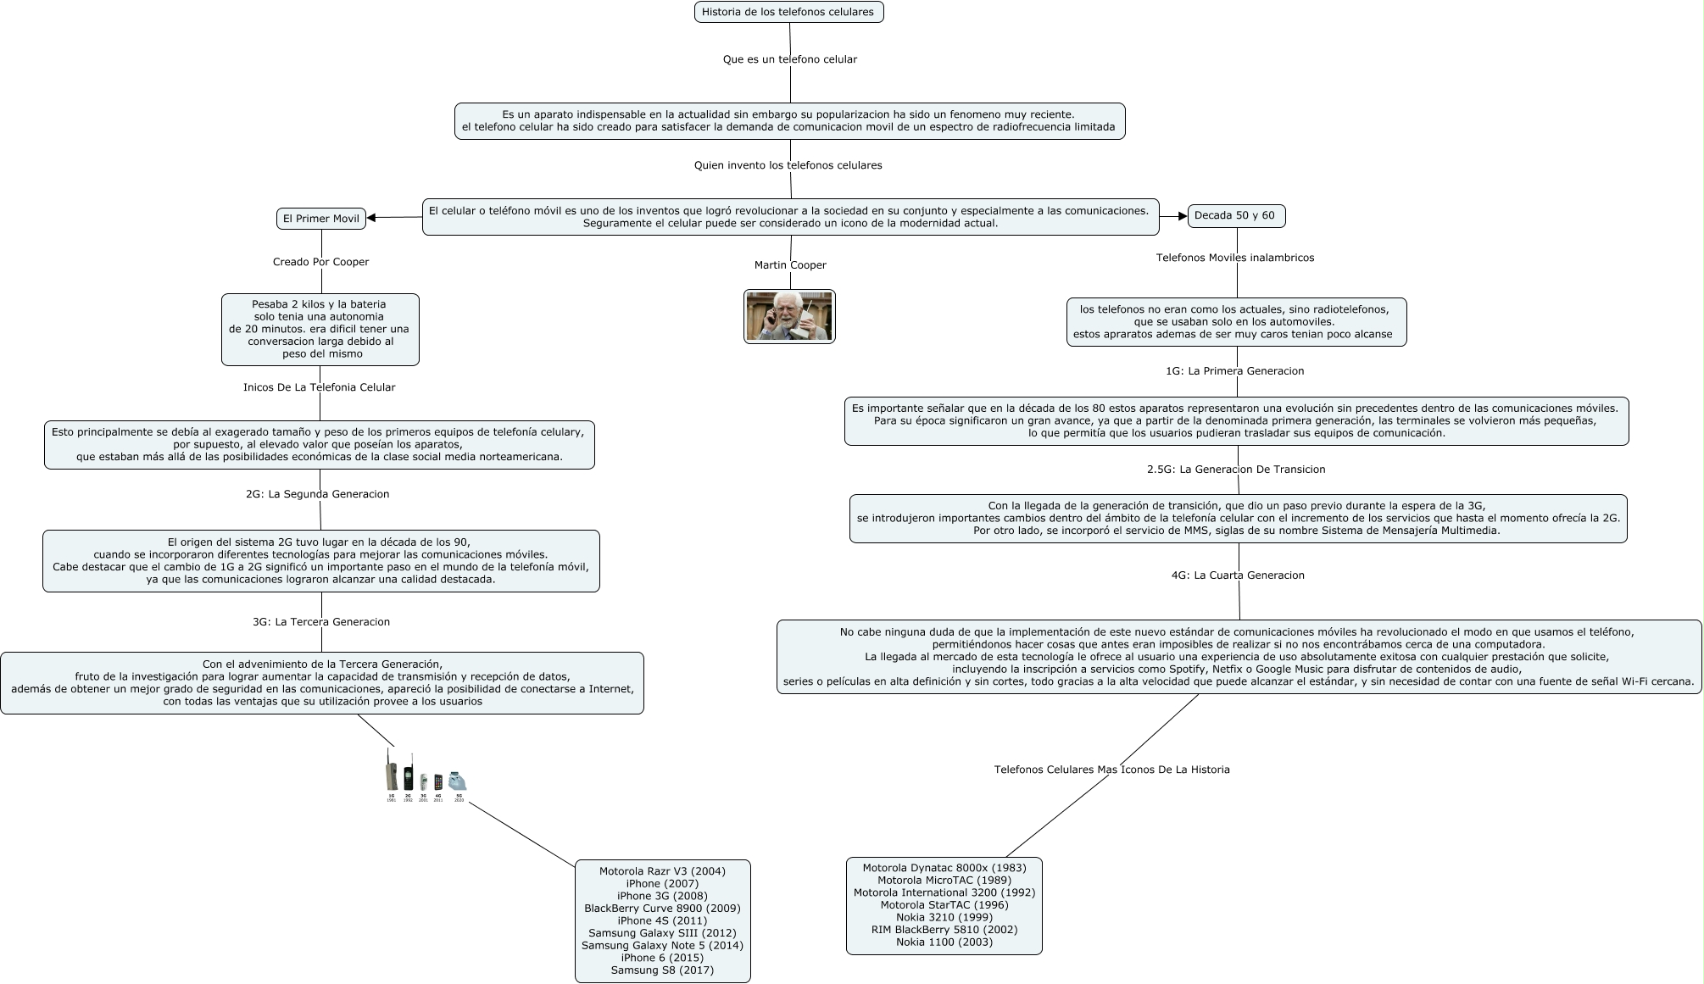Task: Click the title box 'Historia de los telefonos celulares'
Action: point(788,12)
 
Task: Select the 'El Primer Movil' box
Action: point(320,219)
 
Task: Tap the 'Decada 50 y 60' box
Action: point(1235,215)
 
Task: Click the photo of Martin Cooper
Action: point(789,316)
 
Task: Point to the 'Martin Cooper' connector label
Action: point(790,265)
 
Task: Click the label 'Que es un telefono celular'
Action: point(789,59)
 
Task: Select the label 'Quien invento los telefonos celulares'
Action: point(788,165)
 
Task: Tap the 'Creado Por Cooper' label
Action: point(320,262)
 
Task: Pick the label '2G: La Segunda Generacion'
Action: point(317,494)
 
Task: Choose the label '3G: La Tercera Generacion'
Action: point(320,622)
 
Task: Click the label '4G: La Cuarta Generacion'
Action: point(1237,575)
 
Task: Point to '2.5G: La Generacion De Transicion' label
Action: point(1235,470)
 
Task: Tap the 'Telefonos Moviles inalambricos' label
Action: point(1234,258)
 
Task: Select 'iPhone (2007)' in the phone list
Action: point(662,884)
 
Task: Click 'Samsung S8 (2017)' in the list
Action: point(662,970)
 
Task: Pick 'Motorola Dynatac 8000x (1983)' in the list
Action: point(944,868)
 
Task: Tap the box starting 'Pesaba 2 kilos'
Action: point(320,329)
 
